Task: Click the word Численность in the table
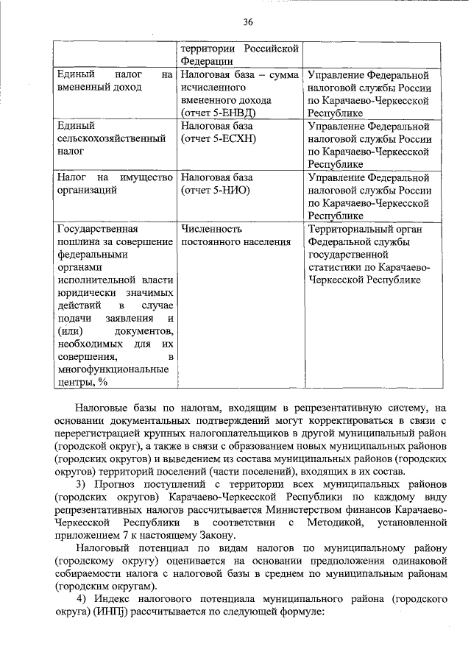coord(211,229)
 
